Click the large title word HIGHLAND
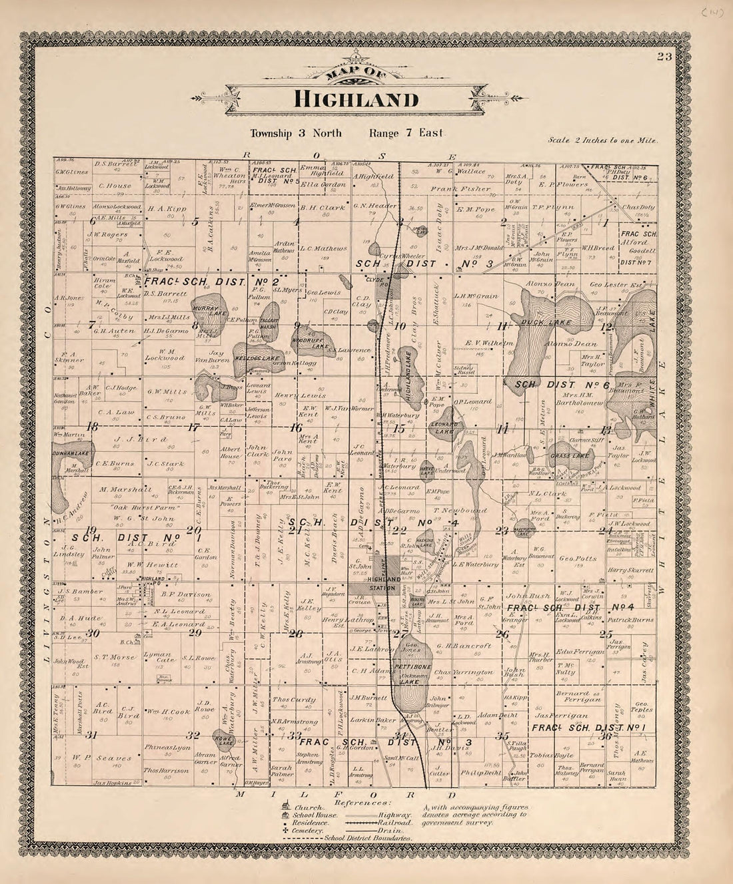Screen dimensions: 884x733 click(357, 100)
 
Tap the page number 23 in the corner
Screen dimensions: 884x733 click(664, 57)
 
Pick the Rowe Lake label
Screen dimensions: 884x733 click(220, 737)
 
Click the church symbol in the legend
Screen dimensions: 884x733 click(286, 807)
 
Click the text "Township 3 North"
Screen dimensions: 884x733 click(296, 133)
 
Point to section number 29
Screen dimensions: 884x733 click(195, 632)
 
